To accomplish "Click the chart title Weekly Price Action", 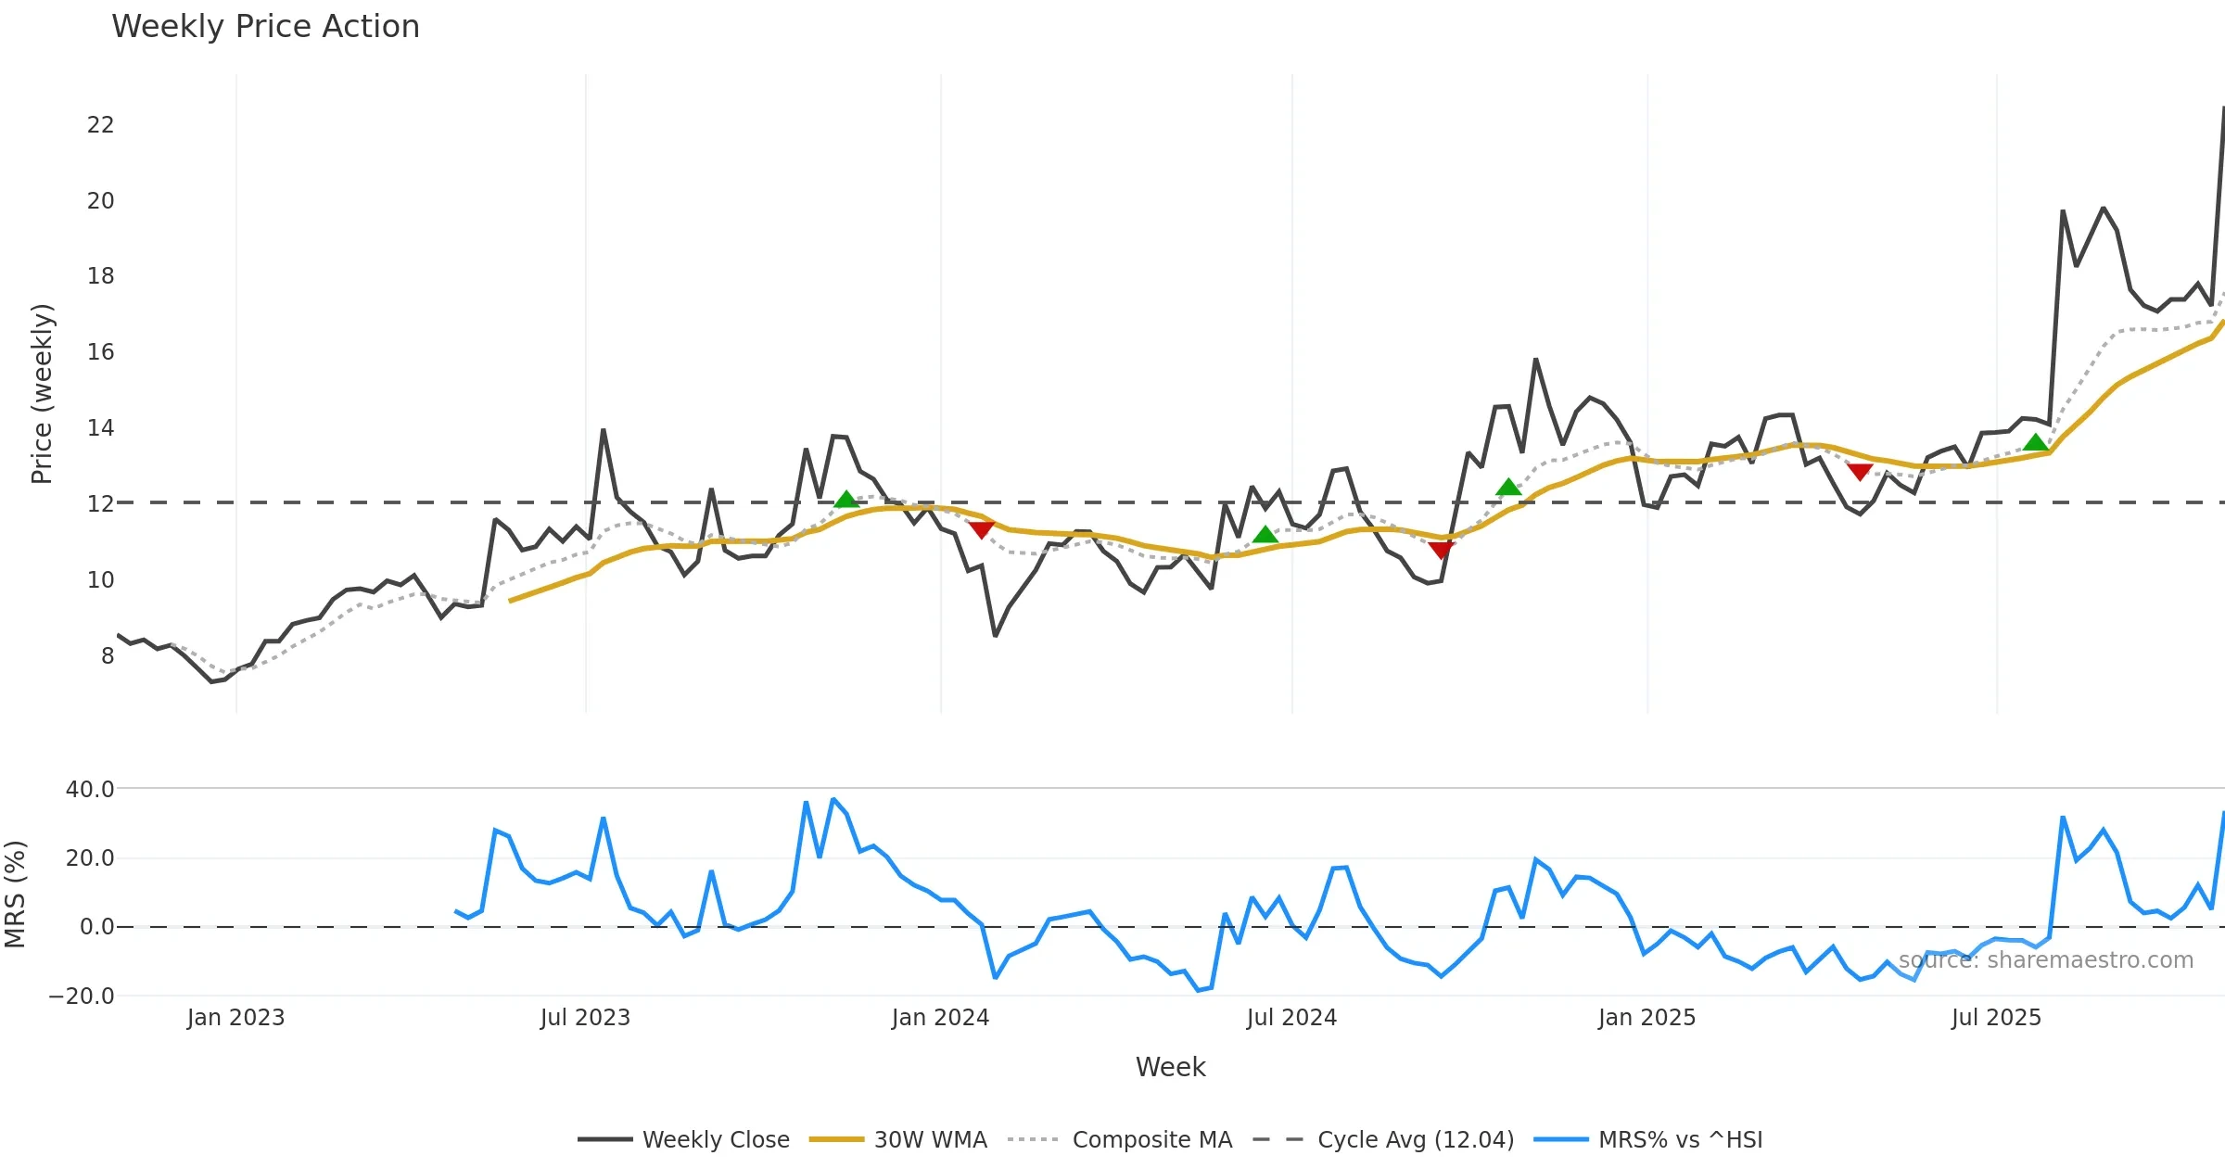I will pyautogui.click(x=265, y=27).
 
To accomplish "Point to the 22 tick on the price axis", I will pyautogui.click(x=100, y=125).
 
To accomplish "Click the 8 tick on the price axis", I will pyautogui.click(x=108, y=656).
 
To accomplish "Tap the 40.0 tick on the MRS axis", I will pyautogui.click(x=90, y=790).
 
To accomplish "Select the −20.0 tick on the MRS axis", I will pyautogui.click(x=82, y=997).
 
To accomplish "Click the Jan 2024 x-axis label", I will pyautogui.click(x=940, y=1018).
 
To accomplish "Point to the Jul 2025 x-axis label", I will pyautogui.click(x=1996, y=1018).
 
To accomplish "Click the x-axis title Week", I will pyautogui.click(x=1170, y=1068).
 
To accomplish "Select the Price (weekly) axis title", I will pyautogui.click(x=42, y=394).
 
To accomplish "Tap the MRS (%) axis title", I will pyautogui.click(x=15, y=895).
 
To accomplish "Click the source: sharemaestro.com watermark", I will pyautogui.click(x=2045, y=960).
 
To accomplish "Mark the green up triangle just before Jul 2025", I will pyautogui.click(x=2036, y=442).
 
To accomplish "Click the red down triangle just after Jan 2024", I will pyautogui.click(x=982, y=529).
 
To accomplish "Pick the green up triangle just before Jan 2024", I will pyautogui.click(x=845, y=500).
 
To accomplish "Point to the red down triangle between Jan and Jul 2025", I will pyautogui.click(x=1860, y=472).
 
